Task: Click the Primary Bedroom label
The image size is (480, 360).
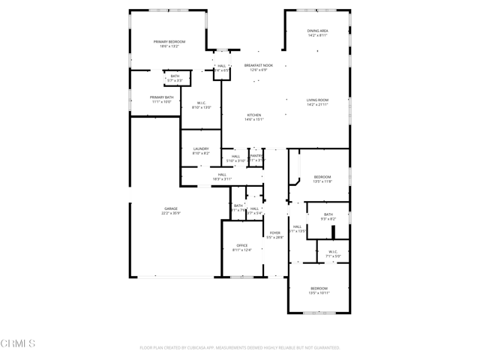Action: click(x=169, y=41)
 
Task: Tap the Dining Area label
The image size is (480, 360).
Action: click(x=317, y=31)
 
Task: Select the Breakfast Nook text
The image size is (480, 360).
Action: click(x=259, y=66)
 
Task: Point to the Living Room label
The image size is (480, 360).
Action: click(x=317, y=100)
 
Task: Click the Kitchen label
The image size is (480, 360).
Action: click(x=254, y=115)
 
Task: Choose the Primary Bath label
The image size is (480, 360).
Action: click(x=161, y=97)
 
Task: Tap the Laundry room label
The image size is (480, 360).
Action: click(x=200, y=148)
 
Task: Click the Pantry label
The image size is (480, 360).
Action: click(x=256, y=156)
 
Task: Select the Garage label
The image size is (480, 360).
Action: click(x=171, y=208)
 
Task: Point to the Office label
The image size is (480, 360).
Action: click(x=241, y=245)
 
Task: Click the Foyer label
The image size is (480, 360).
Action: click(x=275, y=233)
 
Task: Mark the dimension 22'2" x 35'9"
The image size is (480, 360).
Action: click(x=171, y=214)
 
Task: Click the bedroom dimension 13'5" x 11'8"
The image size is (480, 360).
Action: click(x=322, y=181)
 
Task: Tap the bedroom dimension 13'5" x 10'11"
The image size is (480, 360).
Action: click(x=319, y=293)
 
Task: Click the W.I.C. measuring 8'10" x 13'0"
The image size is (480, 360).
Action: click(x=202, y=108)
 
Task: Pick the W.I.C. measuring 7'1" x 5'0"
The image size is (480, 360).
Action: click(x=333, y=256)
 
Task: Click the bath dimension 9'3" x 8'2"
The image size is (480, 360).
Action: click(x=328, y=219)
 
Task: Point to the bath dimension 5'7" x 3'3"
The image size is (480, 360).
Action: click(x=175, y=79)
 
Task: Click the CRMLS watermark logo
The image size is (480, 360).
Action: click(x=18, y=344)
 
